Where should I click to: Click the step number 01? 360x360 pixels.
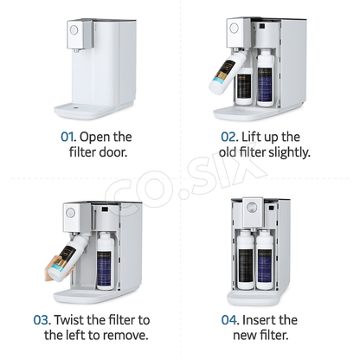pos(67,137)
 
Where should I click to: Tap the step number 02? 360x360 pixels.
pos(228,137)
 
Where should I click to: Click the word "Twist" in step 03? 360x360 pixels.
pos(69,320)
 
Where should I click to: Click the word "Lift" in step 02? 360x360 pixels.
pos(247,137)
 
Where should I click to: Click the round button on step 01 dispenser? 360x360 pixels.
pos(74,29)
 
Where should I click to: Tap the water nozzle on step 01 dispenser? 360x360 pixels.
pos(76,51)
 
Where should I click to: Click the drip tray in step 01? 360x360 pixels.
pos(93,110)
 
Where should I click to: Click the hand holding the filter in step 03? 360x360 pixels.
pos(56,269)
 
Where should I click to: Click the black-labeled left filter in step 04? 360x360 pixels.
pos(246,260)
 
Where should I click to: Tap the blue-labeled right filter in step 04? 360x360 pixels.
pos(265,260)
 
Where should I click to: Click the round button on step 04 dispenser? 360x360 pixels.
pos(253,208)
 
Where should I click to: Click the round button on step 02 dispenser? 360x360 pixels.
pos(235,28)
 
